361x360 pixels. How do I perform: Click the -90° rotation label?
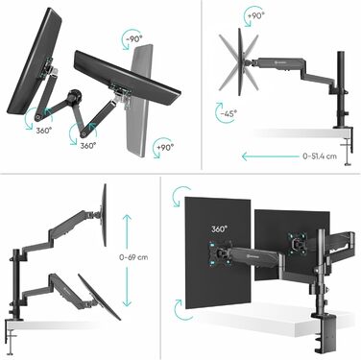(133, 39)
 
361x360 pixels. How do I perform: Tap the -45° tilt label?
(229, 113)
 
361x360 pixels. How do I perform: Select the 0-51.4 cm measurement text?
(320, 156)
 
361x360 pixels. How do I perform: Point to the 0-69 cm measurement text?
(133, 257)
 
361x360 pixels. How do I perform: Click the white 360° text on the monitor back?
(219, 229)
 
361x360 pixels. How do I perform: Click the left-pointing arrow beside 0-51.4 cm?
(271, 156)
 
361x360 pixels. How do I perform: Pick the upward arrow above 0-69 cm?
(127, 231)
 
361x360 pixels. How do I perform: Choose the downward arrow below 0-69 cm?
(127, 287)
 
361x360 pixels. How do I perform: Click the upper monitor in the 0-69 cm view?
(104, 215)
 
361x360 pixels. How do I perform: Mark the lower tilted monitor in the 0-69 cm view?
(99, 297)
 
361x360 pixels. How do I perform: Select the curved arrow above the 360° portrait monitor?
(178, 196)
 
